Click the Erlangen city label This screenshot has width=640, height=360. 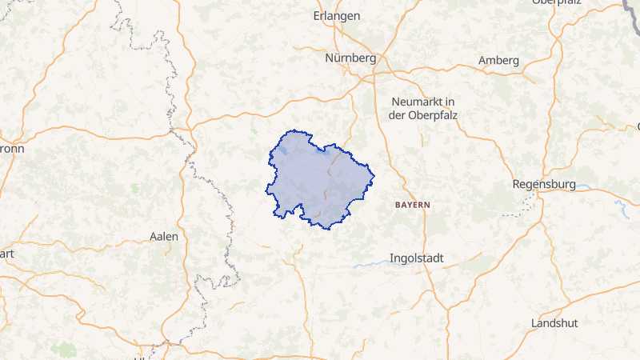tap(338, 16)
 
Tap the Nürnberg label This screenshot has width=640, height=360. tap(350, 58)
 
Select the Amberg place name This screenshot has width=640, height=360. tap(498, 60)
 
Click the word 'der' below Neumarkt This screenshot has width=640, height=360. tap(398, 115)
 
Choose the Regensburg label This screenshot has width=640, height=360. tap(544, 184)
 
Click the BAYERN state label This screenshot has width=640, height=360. tap(413, 205)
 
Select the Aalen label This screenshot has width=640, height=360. tap(164, 236)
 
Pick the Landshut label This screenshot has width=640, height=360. tap(554, 323)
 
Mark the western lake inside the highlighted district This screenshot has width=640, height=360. tap(285, 150)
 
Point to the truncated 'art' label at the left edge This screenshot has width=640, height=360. tap(7, 253)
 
